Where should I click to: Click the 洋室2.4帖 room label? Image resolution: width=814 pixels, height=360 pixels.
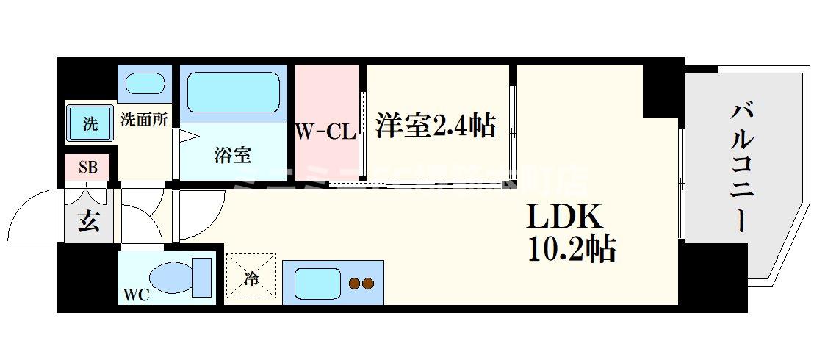coord(436,126)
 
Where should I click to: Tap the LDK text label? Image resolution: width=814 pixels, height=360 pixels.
coord(564,217)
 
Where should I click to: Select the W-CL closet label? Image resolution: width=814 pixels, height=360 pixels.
coord(325,133)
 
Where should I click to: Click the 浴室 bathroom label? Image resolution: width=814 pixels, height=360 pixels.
coord(234,155)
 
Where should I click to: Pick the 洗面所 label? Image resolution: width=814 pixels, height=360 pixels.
coord(143,119)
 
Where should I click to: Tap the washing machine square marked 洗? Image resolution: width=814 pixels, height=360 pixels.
coord(89,123)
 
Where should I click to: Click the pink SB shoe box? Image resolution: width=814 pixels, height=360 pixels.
coord(87,167)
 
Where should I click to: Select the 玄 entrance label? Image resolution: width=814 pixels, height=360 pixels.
coord(88,221)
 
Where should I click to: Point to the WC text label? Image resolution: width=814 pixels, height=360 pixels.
coord(137,295)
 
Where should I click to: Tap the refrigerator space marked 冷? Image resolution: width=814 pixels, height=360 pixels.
coord(251,278)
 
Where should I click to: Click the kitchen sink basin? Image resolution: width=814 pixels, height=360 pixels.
coord(317,282)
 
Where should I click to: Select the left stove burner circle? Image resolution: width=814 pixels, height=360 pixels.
coord(353,283)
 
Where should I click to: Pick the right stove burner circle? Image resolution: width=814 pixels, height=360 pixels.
coord(368,283)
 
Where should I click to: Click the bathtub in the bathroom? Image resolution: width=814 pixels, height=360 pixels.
coord(230,92)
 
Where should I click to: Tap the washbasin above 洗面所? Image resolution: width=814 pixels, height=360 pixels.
coord(144,82)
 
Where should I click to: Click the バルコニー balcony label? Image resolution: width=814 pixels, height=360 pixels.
coord(743,166)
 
